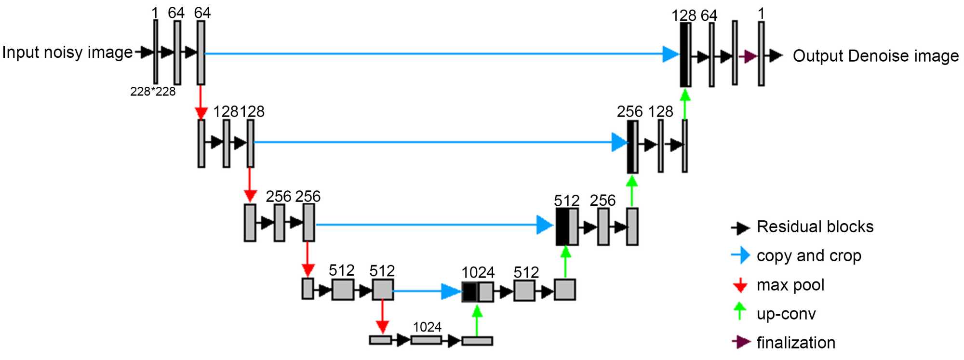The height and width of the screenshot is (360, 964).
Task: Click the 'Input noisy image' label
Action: tap(67, 52)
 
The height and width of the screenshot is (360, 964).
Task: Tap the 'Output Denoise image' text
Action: tap(876, 56)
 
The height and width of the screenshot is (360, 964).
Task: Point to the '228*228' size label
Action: tap(153, 92)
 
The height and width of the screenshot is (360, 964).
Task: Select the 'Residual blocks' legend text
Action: tap(815, 227)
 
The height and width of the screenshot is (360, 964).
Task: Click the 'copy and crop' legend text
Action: tap(809, 255)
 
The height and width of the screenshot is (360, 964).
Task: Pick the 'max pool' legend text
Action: tap(790, 285)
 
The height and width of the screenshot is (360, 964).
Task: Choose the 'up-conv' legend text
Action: tap(786, 314)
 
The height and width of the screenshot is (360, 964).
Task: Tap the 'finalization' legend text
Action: tap(796, 343)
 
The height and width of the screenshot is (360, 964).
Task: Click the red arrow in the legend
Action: tap(740, 285)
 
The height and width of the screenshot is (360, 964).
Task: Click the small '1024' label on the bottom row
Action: tap(427, 327)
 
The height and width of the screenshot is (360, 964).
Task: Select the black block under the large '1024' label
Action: tap(469, 292)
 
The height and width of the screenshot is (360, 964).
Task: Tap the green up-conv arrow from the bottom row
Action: tap(477, 320)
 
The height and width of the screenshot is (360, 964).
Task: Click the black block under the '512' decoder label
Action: tap(562, 227)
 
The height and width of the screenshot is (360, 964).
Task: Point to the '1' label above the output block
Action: tap(761, 13)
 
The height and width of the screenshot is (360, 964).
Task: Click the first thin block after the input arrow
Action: tap(156, 52)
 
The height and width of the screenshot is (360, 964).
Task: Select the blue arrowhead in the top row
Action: tap(670, 54)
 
